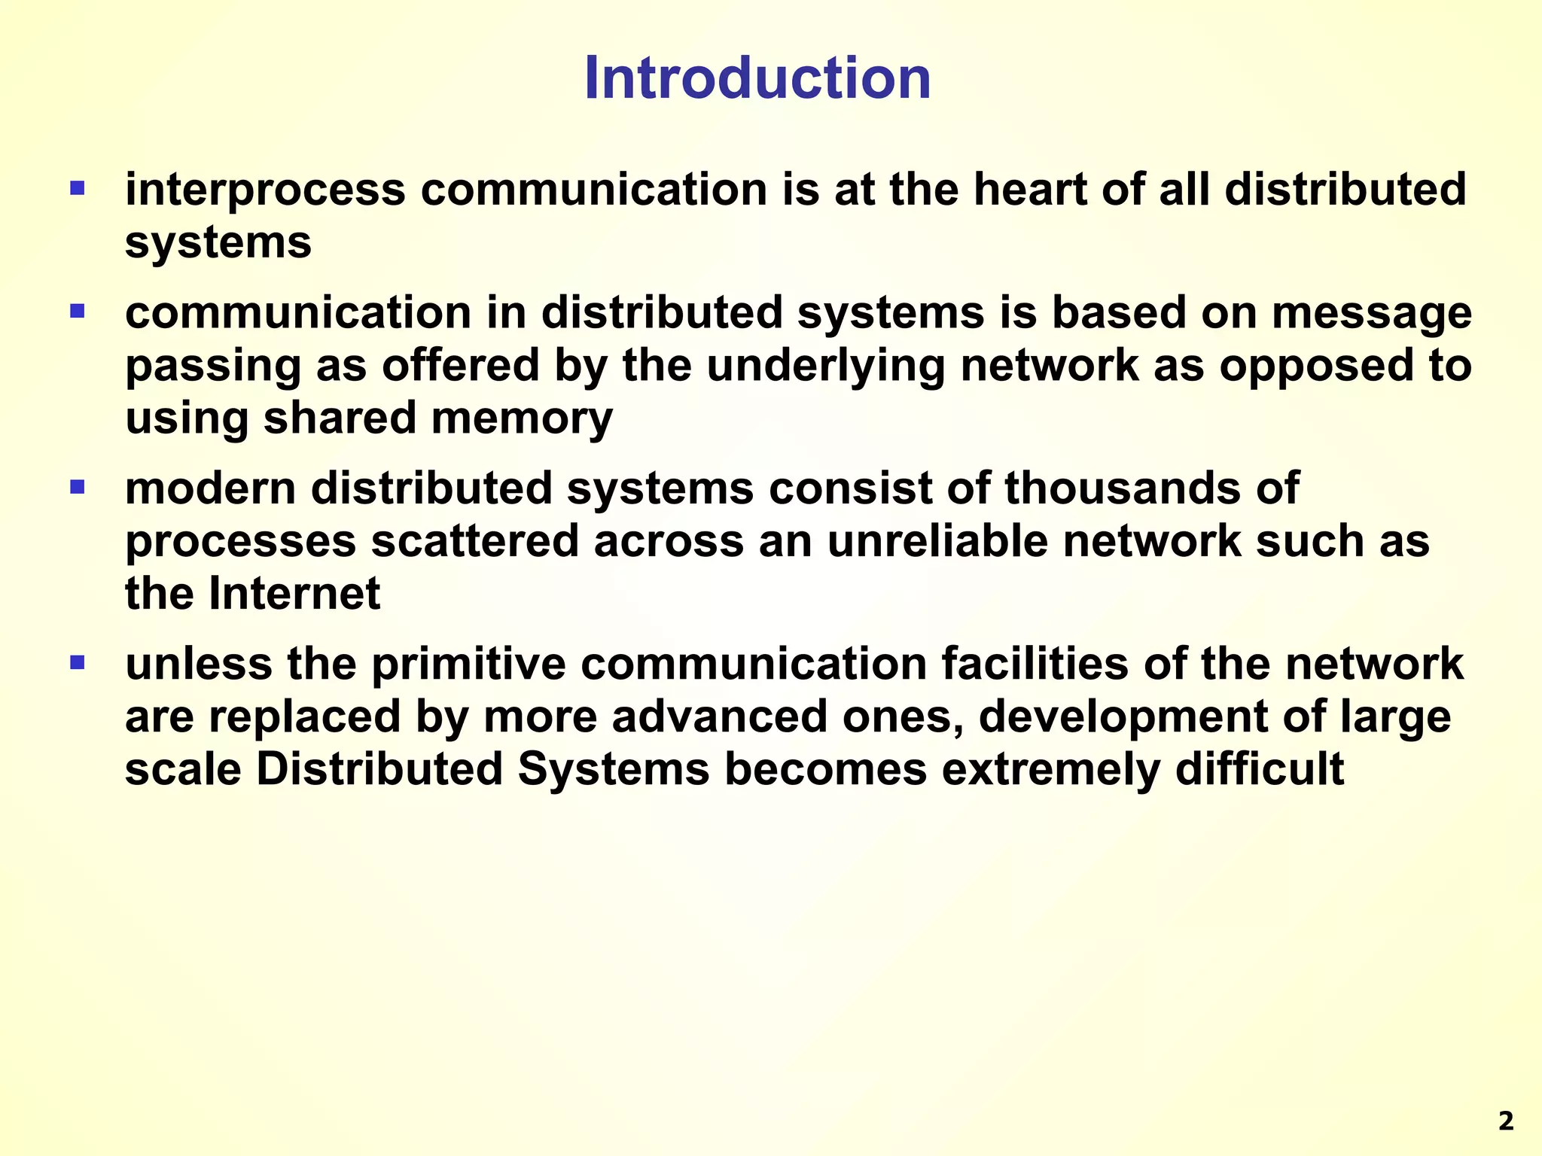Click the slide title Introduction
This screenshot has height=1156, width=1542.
757,78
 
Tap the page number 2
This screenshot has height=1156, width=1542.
1505,1121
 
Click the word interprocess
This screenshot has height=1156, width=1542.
265,190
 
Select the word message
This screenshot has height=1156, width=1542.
1371,313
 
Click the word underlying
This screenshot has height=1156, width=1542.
825,366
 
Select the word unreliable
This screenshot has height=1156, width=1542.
937,541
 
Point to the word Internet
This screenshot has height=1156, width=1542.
294,594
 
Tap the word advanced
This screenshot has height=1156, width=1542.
719,716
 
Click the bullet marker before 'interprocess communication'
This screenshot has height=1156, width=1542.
77,187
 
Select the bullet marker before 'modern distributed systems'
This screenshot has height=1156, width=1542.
77,487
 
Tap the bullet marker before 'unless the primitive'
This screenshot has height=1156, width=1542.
77,663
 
